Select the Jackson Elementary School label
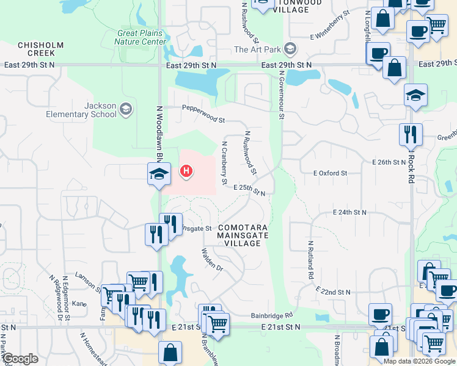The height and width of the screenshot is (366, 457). [81, 110]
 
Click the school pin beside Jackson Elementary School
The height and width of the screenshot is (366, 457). [126, 110]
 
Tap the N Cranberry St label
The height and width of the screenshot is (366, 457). [224, 163]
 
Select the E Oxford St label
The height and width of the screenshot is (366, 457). [330, 173]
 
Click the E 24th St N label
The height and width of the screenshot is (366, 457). [349, 212]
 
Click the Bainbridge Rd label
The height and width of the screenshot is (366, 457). [272, 316]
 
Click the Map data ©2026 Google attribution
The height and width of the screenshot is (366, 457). [419, 361]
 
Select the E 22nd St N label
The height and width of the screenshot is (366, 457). [335, 292]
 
